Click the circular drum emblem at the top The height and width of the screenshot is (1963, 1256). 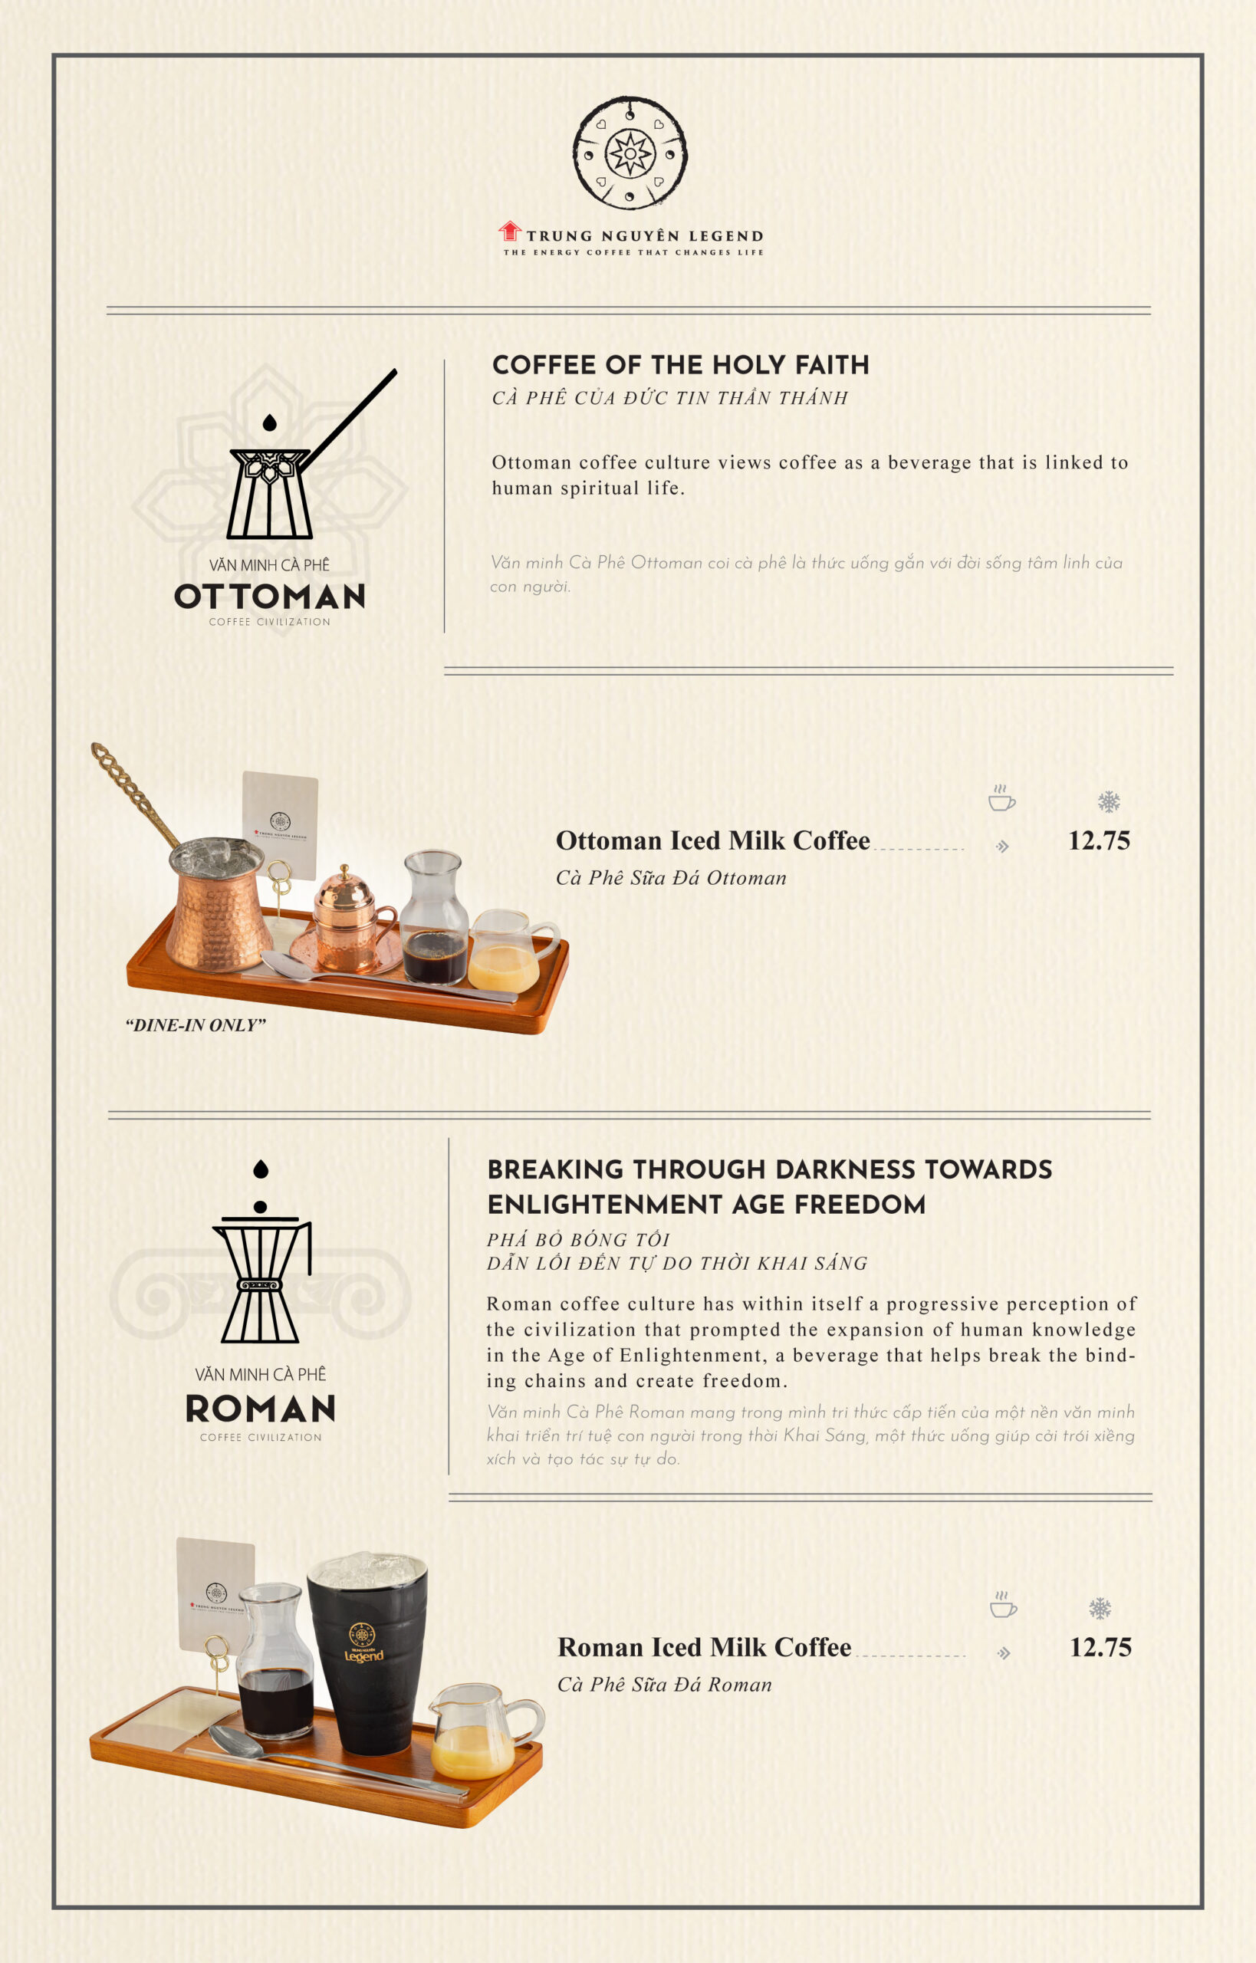pyautogui.click(x=630, y=153)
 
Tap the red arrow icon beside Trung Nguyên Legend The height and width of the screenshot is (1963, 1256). pyautogui.click(x=510, y=231)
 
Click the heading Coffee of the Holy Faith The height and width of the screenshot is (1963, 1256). pyautogui.click(x=680, y=364)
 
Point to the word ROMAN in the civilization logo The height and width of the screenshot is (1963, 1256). pyautogui.click(x=260, y=1409)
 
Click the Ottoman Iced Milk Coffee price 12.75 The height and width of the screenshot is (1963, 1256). pyautogui.click(x=1099, y=841)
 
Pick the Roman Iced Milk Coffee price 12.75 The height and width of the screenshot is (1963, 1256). pyautogui.click(x=1100, y=1647)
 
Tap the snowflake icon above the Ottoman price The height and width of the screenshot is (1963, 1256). pyautogui.click(x=1108, y=801)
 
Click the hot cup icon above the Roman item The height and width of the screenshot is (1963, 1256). pyautogui.click(x=1003, y=1603)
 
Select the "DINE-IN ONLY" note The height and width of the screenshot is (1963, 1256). pyautogui.click(x=196, y=1025)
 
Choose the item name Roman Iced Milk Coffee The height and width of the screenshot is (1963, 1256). pyautogui.click(x=705, y=1647)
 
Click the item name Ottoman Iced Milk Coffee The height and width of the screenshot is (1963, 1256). pyautogui.click(x=713, y=841)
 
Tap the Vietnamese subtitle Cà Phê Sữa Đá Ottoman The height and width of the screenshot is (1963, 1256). pyautogui.click(x=671, y=878)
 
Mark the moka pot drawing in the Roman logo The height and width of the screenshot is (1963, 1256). pyautogui.click(x=261, y=1251)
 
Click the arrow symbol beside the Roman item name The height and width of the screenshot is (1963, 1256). pyautogui.click(x=1004, y=1653)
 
